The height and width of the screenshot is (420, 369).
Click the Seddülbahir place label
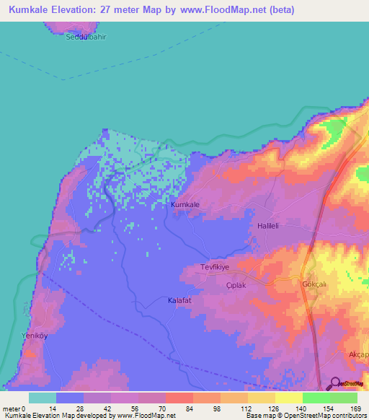coord(86,38)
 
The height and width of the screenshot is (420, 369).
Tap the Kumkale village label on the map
coord(185,205)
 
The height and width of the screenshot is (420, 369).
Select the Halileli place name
coord(272,226)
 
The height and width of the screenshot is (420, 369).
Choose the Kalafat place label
coord(180,299)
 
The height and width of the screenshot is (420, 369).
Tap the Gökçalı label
coord(315,284)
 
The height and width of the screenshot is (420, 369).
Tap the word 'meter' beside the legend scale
coord(10,408)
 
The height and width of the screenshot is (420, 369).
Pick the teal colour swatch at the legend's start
coord(42,398)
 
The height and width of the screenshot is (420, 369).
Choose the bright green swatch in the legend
coord(316,398)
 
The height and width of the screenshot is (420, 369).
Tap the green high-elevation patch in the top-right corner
coord(333,130)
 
